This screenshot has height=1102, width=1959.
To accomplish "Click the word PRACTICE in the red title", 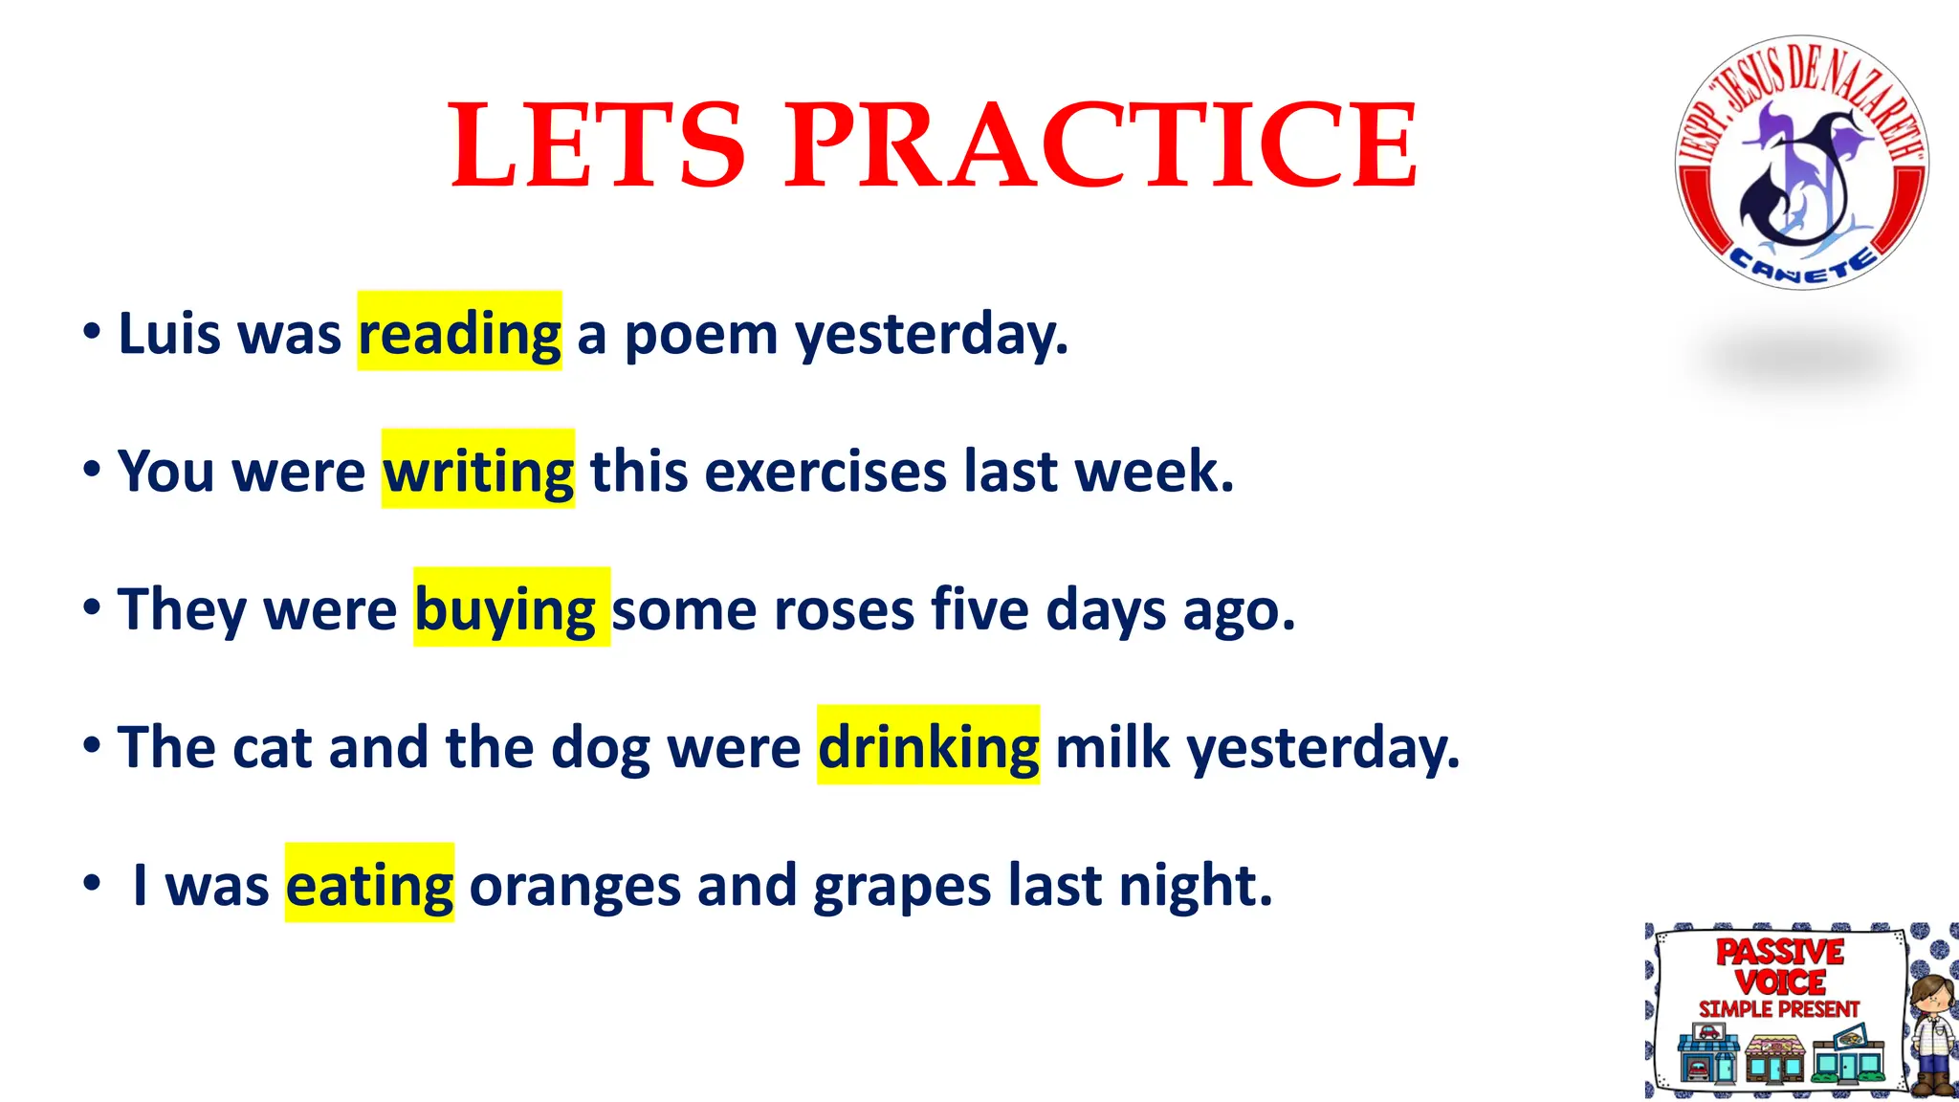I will (1101, 145).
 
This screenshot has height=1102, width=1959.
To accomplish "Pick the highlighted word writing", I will (478, 472).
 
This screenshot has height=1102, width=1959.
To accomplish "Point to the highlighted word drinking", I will (928, 747).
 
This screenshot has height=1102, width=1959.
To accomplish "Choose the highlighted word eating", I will (369, 885).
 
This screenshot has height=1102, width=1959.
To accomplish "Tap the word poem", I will (700, 334).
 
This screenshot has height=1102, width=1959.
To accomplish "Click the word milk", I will (1112, 747).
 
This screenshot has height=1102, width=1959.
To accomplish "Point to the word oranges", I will (574, 885).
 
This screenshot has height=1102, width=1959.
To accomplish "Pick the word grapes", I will (901, 885).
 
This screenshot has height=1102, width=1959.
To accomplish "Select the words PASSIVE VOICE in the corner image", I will (1779, 966).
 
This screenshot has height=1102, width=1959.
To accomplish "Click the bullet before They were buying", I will (92, 607).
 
